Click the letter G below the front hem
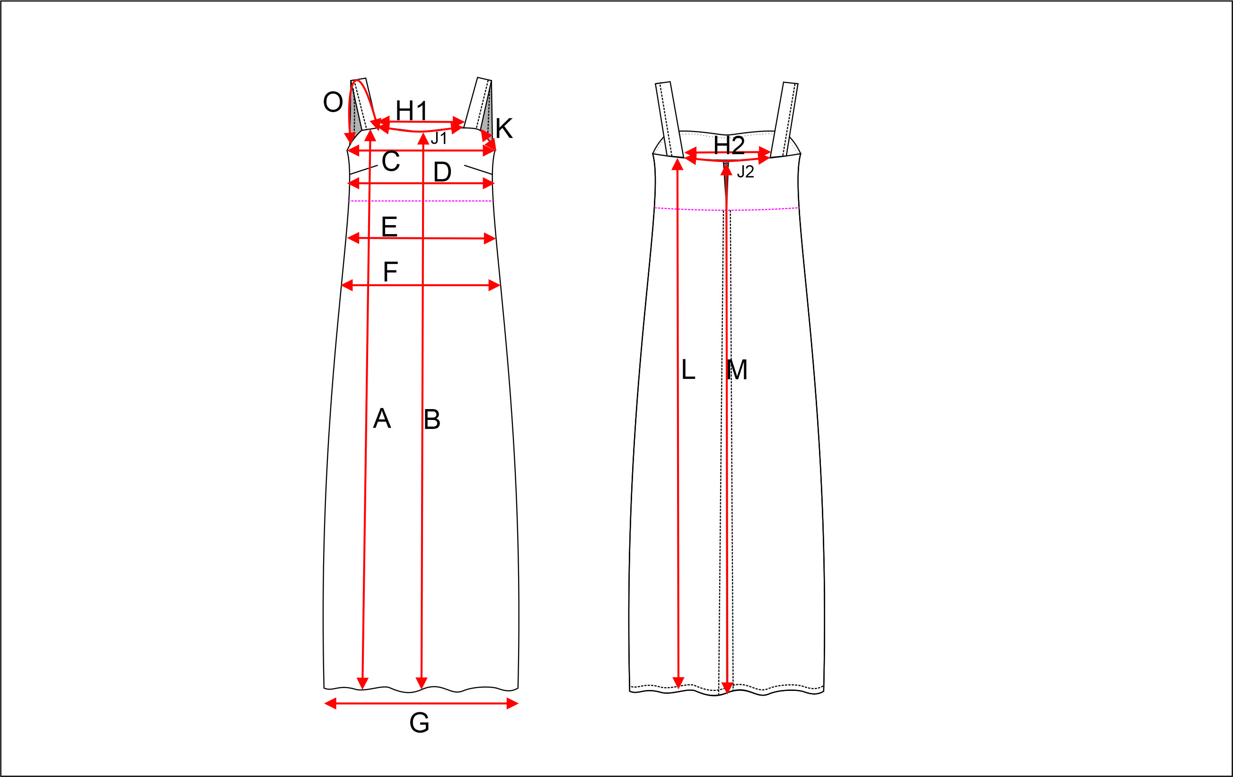point(419,723)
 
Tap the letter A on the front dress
point(382,419)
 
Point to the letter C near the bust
point(391,161)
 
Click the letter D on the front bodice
point(442,172)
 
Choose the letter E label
point(389,226)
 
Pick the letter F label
point(390,271)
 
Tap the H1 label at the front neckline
point(412,111)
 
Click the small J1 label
point(439,138)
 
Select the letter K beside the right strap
point(504,129)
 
